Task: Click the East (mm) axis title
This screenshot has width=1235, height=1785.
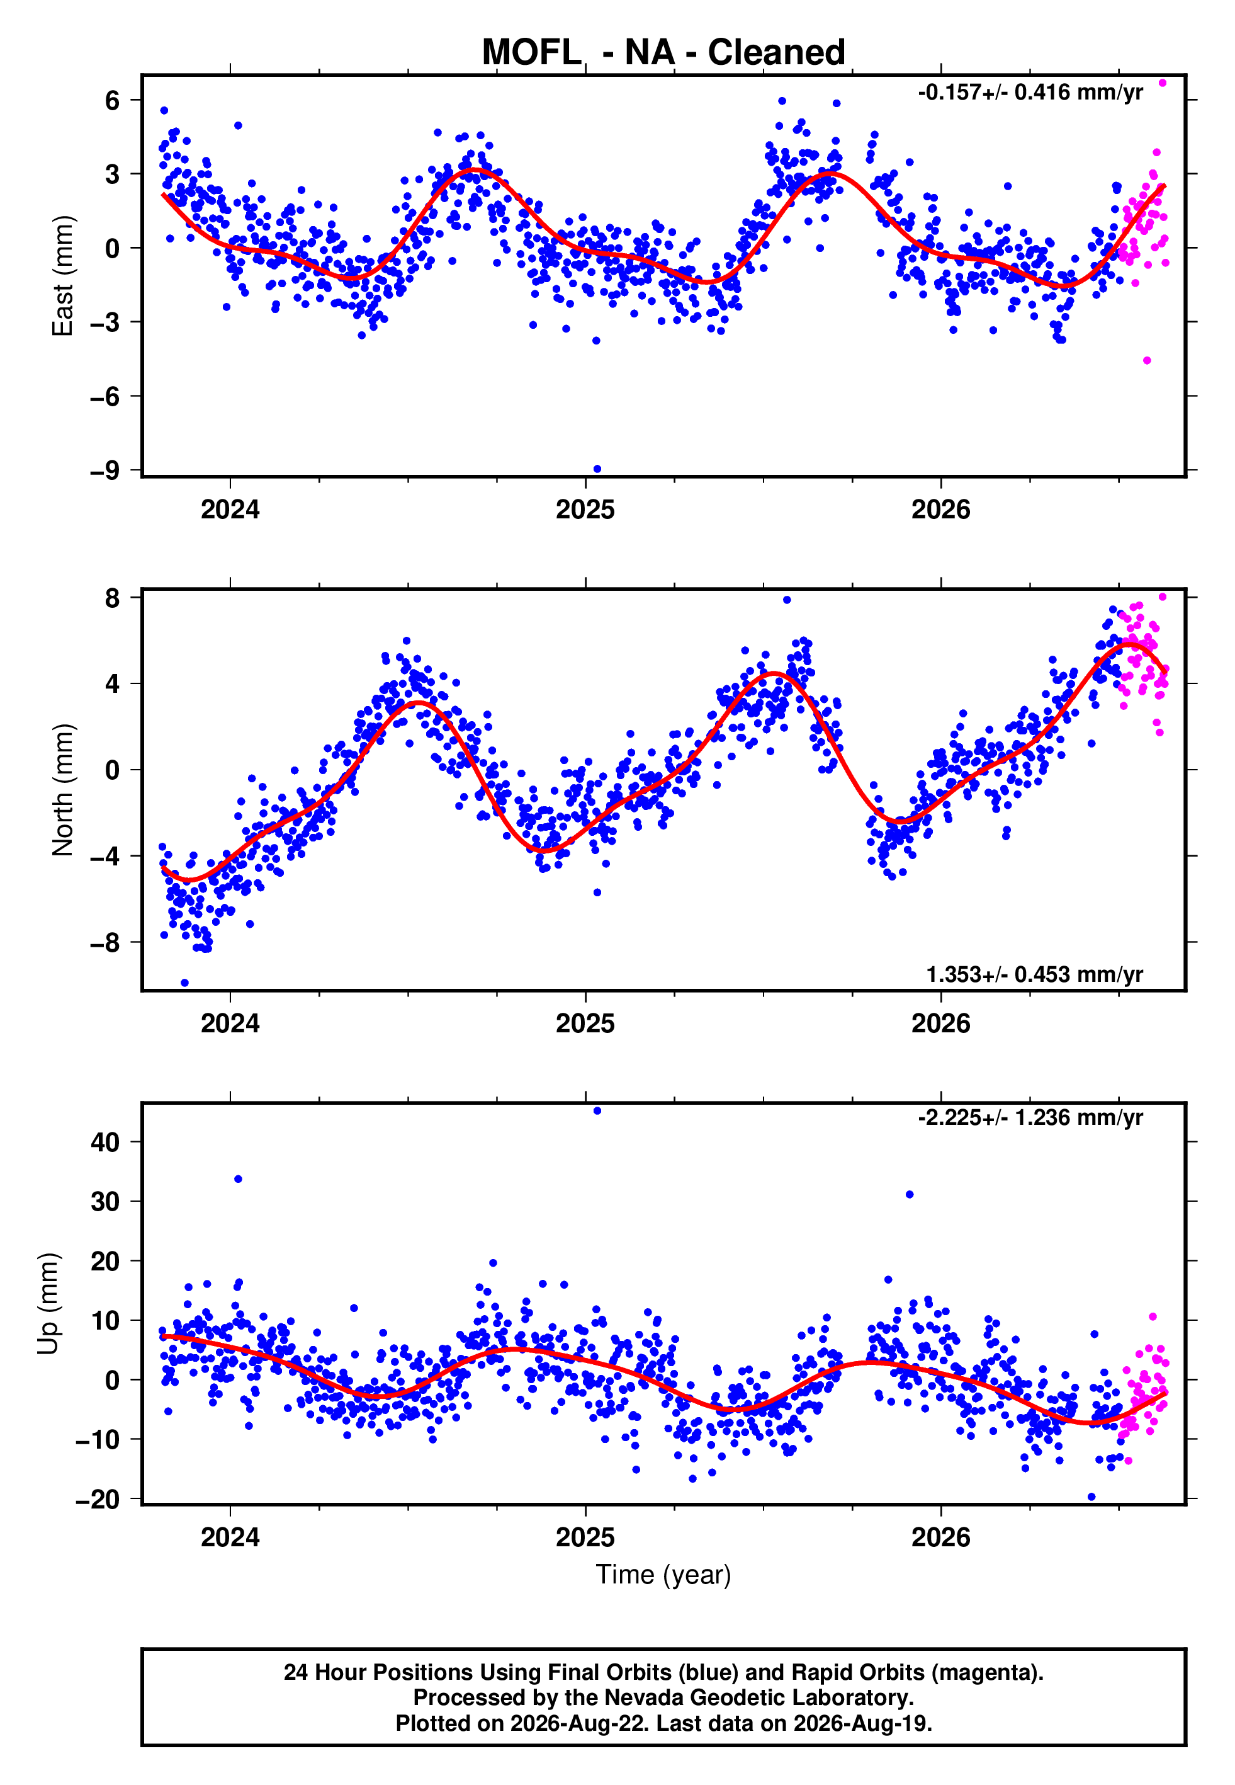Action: coord(62,276)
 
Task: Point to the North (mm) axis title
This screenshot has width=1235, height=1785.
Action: coord(62,790)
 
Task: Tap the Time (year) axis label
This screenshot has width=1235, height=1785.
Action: coord(663,1575)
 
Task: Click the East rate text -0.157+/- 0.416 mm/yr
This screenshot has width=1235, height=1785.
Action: coord(1030,92)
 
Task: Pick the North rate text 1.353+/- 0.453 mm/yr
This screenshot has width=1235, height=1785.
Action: coord(1035,974)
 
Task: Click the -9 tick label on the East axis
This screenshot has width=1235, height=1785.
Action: coord(105,470)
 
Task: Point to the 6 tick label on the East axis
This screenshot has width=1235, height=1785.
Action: coord(113,100)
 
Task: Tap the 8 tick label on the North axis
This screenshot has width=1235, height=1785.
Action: coord(113,598)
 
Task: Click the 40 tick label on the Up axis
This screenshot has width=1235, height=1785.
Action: coord(105,1142)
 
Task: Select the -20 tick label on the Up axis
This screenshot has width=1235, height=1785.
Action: coord(98,1500)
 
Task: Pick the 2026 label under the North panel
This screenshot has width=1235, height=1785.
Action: coord(940,1024)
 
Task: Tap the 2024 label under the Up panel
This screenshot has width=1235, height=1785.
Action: coord(230,1537)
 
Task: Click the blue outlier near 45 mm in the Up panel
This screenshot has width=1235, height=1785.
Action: coord(597,1111)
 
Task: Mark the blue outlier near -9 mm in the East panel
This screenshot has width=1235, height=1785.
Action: coord(597,469)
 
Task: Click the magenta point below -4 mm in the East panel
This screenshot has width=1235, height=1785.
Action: coord(1147,361)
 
